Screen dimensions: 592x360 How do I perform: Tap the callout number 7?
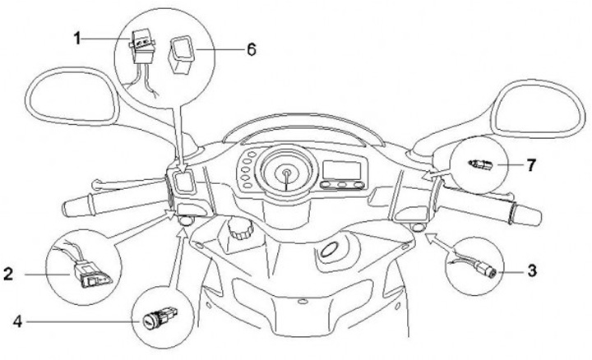[x=531, y=165]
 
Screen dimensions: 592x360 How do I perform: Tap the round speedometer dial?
[x=285, y=173]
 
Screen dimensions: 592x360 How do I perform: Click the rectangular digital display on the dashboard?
[x=339, y=170]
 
